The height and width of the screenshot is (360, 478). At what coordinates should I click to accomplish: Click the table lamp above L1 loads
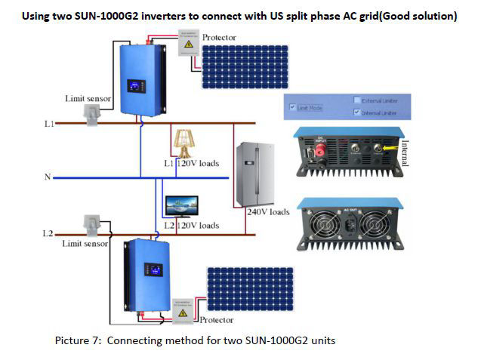coord(182,143)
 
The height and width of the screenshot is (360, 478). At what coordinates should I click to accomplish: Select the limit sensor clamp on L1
coord(91,114)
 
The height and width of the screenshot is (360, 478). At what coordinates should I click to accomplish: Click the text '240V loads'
coord(268,212)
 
